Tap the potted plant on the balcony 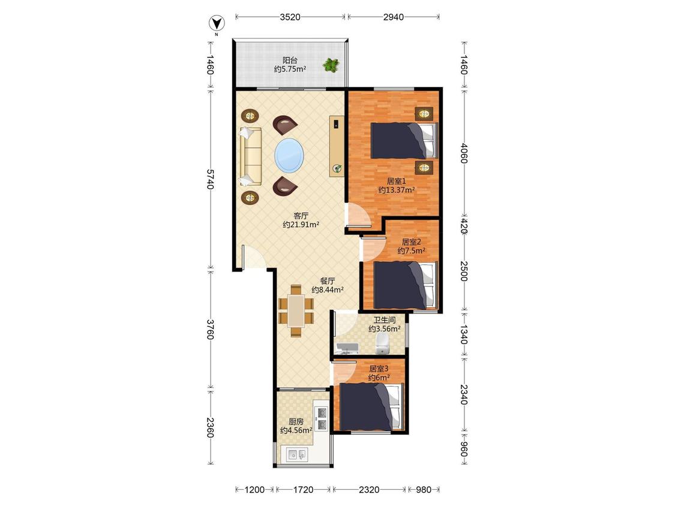point(331,65)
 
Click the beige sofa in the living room point(251,156)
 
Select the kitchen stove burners point(322,419)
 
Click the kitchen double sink point(296,454)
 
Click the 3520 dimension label point(290,17)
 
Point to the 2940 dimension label point(394,17)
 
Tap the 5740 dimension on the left point(210,180)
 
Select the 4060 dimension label point(464,153)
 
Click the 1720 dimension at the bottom point(303,490)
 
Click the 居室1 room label point(397,181)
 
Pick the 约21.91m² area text point(301,225)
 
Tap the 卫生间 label point(385,320)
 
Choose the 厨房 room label point(296,421)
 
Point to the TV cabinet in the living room point(337,146)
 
